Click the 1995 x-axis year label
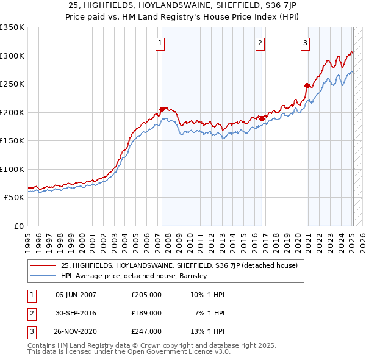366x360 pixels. [28, 238]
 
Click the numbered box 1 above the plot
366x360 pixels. [160, 43]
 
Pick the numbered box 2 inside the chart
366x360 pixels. [260, 43]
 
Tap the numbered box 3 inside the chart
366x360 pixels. [305, 43]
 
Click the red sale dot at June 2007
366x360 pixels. [162, 109]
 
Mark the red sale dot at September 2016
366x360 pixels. [262, 118]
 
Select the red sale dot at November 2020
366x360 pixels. [307, 86]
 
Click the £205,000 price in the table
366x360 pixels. [146, 295]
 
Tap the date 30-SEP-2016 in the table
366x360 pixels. [76, 313]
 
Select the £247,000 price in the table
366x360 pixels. [146, 331]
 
